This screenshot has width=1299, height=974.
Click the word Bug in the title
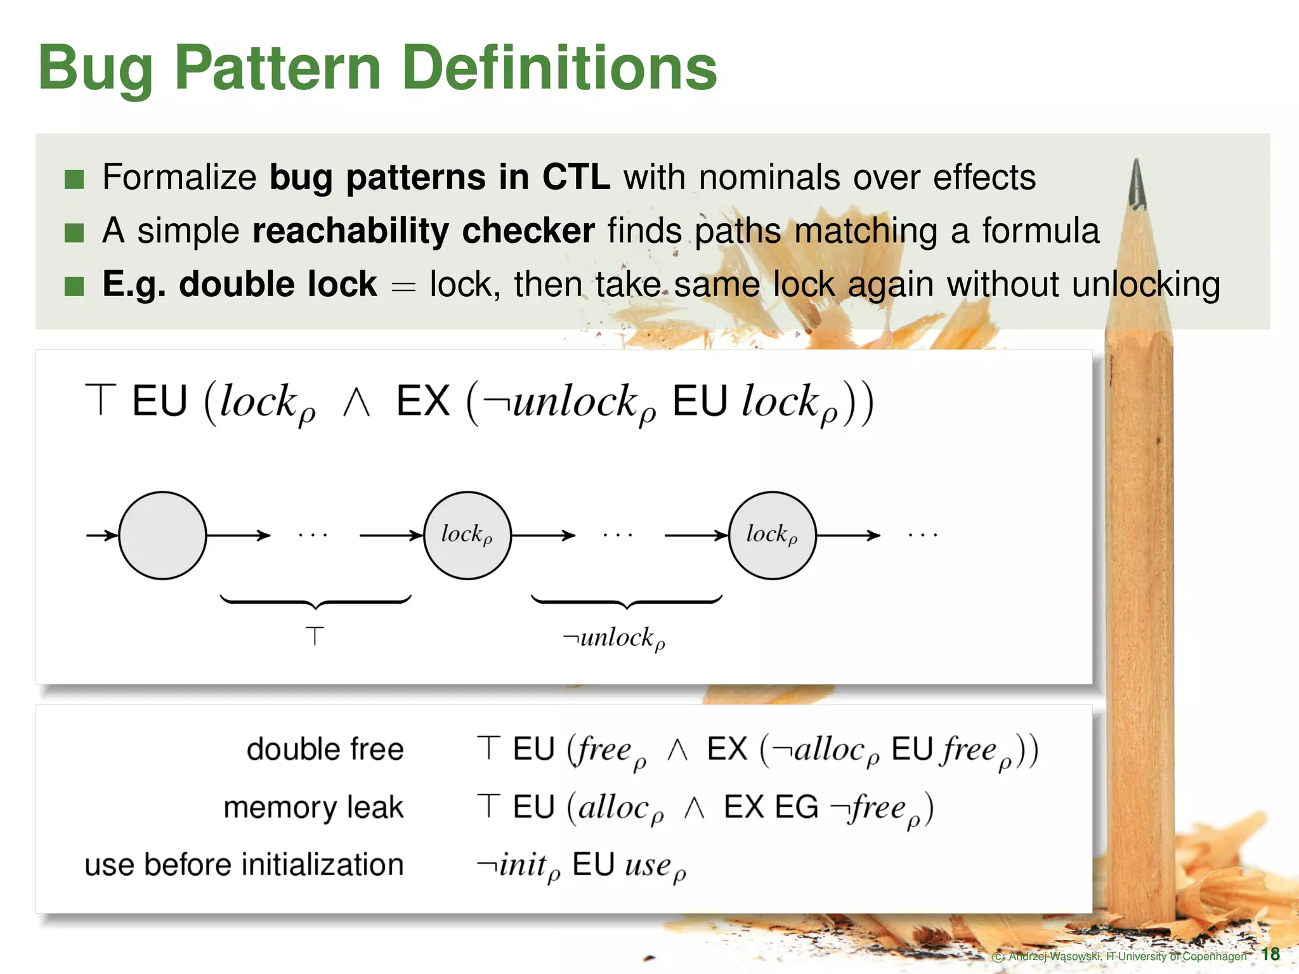[95, 68]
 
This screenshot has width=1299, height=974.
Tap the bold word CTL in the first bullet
[576, 177]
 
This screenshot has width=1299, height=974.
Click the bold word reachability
[351, 230]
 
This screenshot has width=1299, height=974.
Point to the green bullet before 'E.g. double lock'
[74, 287]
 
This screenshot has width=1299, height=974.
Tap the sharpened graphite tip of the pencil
[1137, 184]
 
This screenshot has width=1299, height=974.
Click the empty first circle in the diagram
[162, 535]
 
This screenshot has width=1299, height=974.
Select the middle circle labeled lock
[467, 535]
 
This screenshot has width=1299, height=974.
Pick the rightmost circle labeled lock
[772, 535]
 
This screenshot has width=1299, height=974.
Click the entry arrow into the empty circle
[101, 535]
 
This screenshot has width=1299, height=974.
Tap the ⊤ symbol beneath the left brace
[315, 635]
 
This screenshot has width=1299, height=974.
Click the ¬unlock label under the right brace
[614, 638]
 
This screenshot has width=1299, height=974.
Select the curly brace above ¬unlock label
[627, 601]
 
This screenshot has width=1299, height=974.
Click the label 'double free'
[325, 749]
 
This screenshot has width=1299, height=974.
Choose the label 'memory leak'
[313, 807]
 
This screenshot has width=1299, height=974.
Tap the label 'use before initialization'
[244, 865]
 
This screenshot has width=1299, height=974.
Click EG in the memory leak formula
[797, 807]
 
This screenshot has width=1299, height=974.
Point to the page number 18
[1270, 954]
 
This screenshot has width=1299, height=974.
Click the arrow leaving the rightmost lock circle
[848, 535]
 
